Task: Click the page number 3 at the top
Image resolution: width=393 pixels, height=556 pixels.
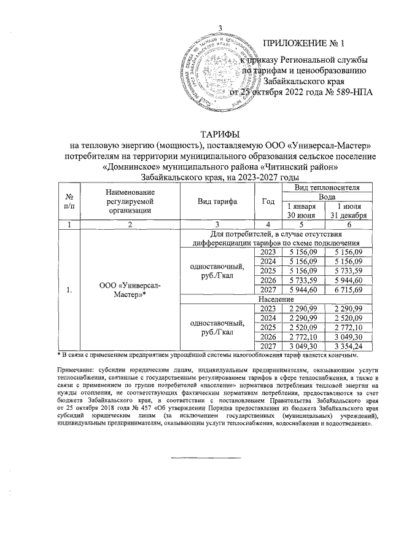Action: tap(220, 25)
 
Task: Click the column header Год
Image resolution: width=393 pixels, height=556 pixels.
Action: tap(268, 201)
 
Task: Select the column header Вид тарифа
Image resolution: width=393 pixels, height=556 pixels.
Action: tap(218, 201)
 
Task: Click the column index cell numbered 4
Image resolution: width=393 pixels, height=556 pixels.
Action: tap(268, 225)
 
